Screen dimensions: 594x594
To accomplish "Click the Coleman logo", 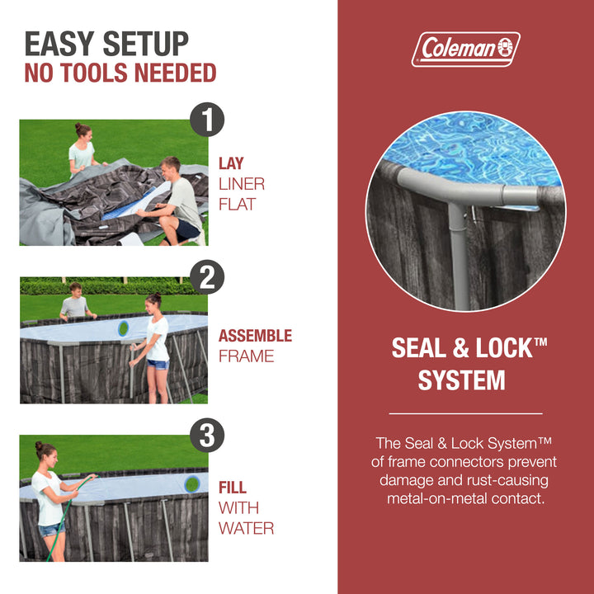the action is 465,49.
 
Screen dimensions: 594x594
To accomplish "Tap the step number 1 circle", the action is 207,120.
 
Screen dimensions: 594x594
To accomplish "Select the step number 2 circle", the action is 207,277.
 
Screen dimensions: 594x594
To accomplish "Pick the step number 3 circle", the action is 207,435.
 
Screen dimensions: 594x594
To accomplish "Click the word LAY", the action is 231,163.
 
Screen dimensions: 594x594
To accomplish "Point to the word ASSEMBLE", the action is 255,336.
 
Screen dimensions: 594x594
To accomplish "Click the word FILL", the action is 233,488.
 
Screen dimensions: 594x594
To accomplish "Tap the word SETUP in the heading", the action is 145,44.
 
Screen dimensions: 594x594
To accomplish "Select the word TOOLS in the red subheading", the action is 93,73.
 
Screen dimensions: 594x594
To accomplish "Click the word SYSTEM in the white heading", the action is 461,380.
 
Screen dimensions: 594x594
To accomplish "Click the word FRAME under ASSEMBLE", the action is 246,356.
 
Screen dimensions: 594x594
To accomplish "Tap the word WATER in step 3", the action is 246,528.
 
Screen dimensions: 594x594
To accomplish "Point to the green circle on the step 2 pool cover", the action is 123,328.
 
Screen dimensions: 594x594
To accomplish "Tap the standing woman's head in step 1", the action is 83,131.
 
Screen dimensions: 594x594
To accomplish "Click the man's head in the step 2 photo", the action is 75,290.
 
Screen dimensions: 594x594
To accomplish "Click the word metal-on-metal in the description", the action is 437,498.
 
